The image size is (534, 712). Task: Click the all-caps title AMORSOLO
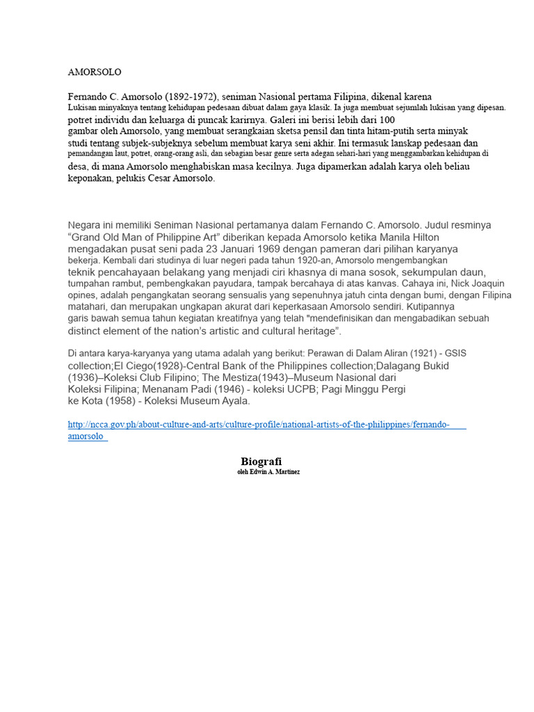tap(95, 72)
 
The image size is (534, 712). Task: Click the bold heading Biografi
tap(261, 462)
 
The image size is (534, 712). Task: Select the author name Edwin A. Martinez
tap(273, 472)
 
